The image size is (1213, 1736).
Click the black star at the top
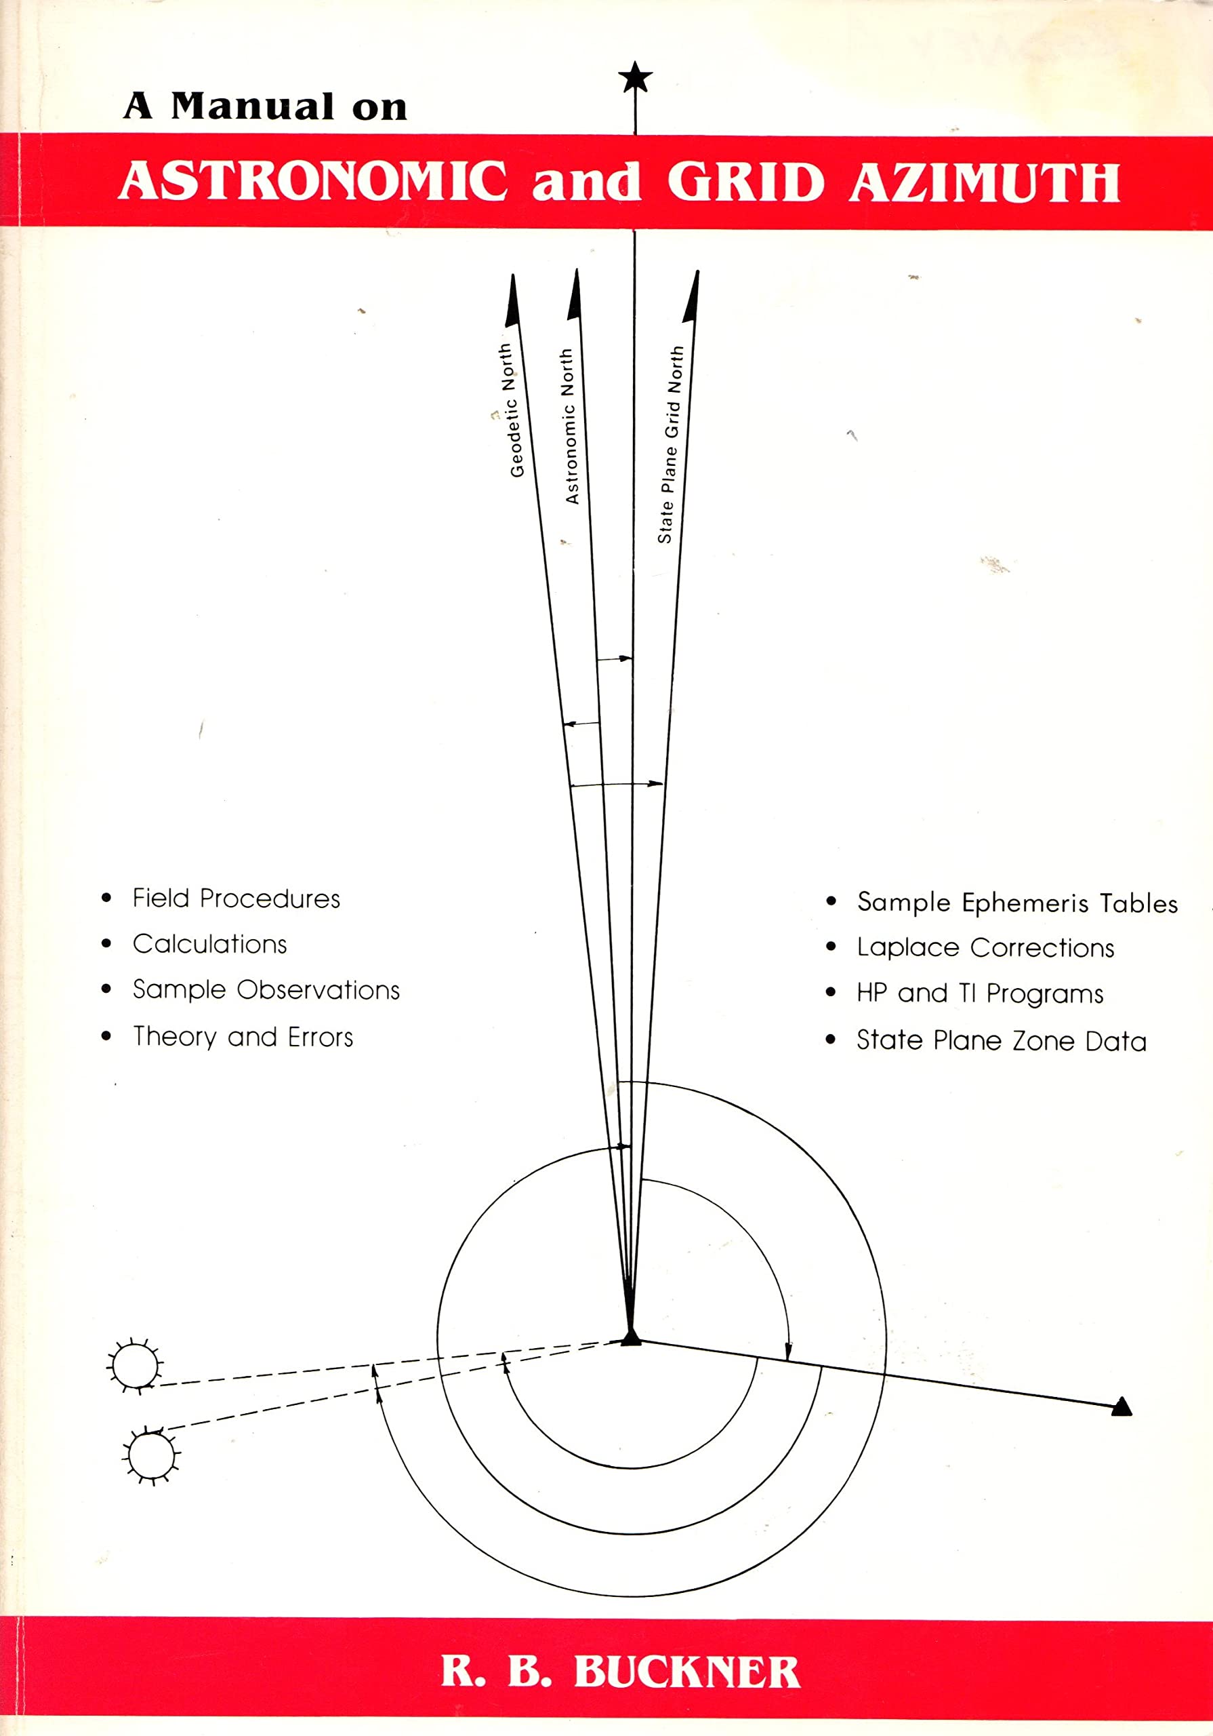[635, 77]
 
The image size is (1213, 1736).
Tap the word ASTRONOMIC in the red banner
[313, 182]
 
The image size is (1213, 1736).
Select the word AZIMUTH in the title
[984, 182]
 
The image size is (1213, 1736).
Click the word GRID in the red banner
[745, 182]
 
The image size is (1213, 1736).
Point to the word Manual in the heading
[252, 106]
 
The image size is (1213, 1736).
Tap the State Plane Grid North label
[670, 445]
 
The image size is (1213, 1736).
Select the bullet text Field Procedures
[236, 899]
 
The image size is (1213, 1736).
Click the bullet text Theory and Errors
[243, 1037]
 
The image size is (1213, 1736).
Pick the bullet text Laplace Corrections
[985, 947]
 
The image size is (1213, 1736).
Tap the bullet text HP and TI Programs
[979, 993]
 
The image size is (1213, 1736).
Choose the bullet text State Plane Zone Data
[1002, 1041]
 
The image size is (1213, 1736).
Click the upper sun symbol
[136, 1365]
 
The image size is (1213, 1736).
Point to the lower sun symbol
[151, 1455]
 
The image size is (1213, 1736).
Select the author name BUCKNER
[686, 1672]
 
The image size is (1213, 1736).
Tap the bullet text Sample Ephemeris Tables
[1017, 903]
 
